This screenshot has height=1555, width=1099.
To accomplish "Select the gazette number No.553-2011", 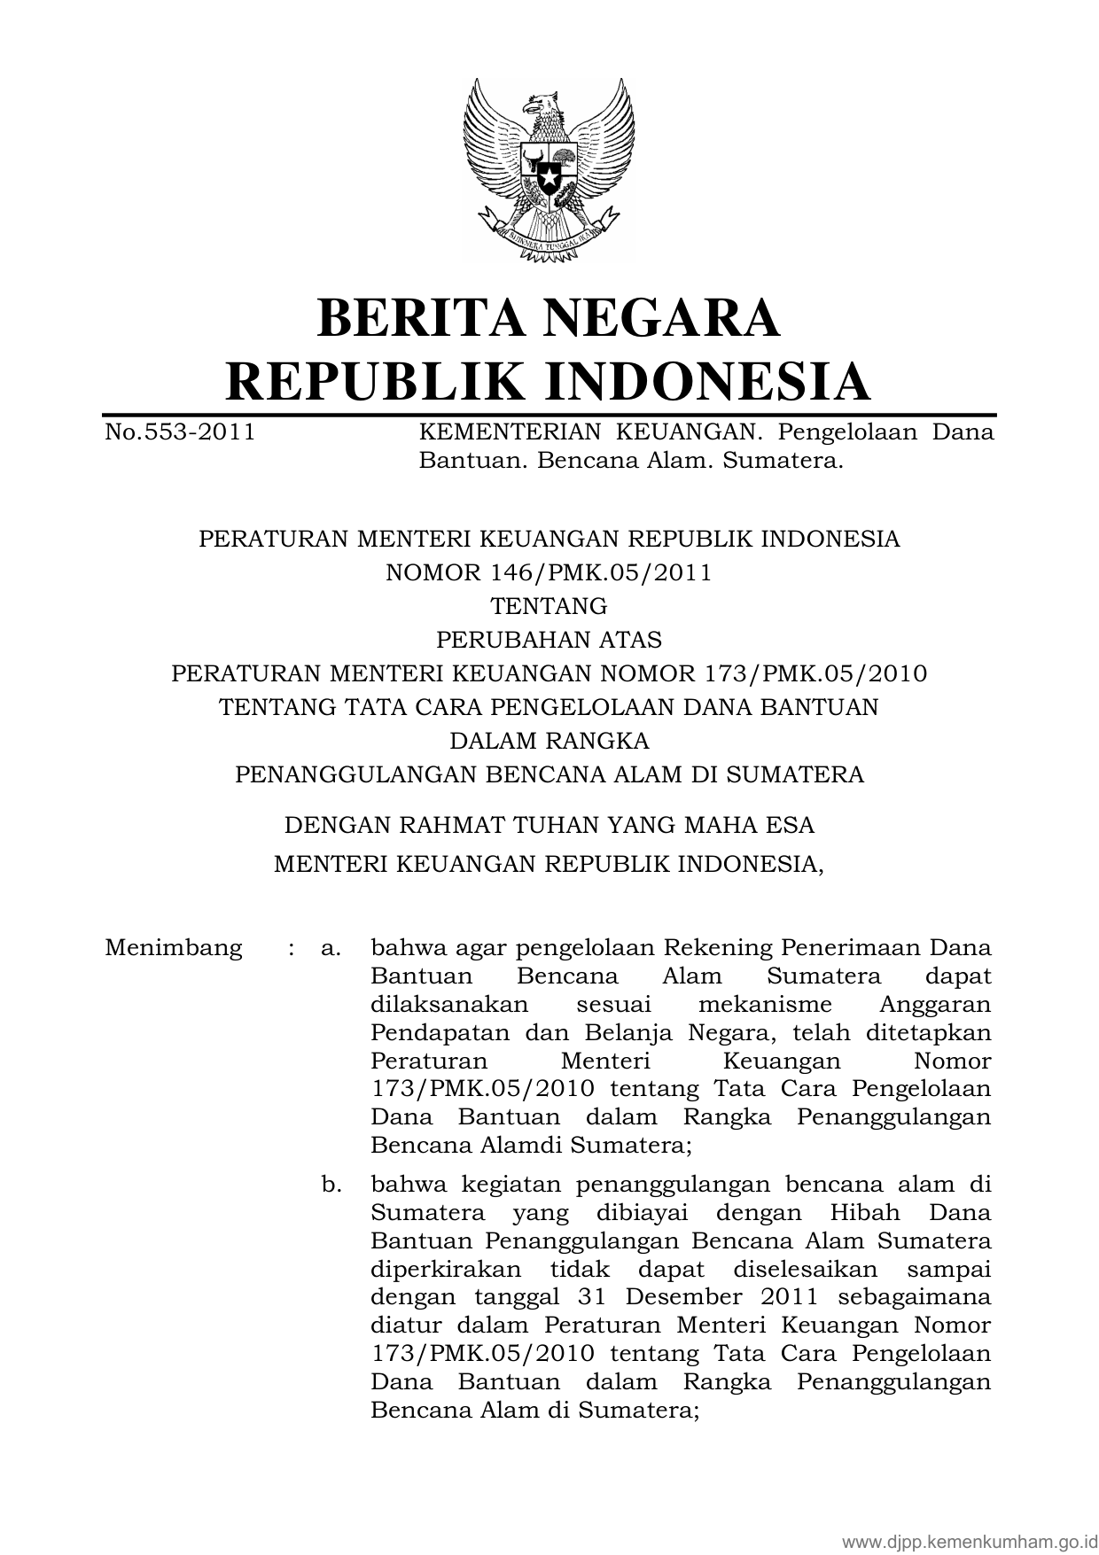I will pos(180,432).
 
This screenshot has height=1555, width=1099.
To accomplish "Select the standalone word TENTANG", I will pos(549,606).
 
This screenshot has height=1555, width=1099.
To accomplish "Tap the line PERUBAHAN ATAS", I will pos(549,640).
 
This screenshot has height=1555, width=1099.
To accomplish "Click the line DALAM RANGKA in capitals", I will pos(549,741).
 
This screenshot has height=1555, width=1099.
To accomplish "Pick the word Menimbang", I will pos(174,948).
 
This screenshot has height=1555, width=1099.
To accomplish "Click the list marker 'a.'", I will pos(331,948).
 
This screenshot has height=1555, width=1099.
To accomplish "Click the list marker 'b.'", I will pos(331,1185).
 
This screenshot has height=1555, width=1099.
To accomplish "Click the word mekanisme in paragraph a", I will pos(765,1005).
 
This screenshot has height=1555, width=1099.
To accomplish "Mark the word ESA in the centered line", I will pos(786,825).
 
